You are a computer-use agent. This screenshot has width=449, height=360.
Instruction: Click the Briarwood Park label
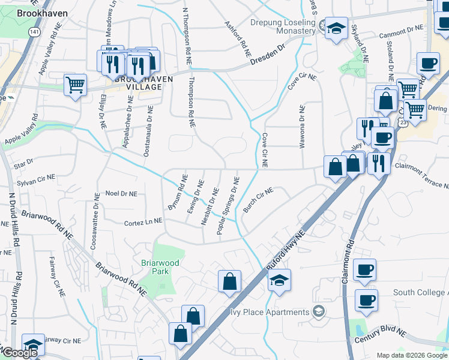pos(160,267)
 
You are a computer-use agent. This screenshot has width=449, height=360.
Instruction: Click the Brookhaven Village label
pos(138,83)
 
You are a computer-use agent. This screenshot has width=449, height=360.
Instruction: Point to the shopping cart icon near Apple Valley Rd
pos(75,85)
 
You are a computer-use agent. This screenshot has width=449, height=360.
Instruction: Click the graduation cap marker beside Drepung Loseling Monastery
pos(336,28)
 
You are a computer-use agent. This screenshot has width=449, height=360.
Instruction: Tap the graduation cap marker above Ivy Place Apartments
pos(279,280)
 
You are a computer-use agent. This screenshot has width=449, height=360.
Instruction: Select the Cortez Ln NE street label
pos(143,221)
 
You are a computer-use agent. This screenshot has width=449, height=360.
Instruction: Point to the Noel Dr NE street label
pos(121,194)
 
